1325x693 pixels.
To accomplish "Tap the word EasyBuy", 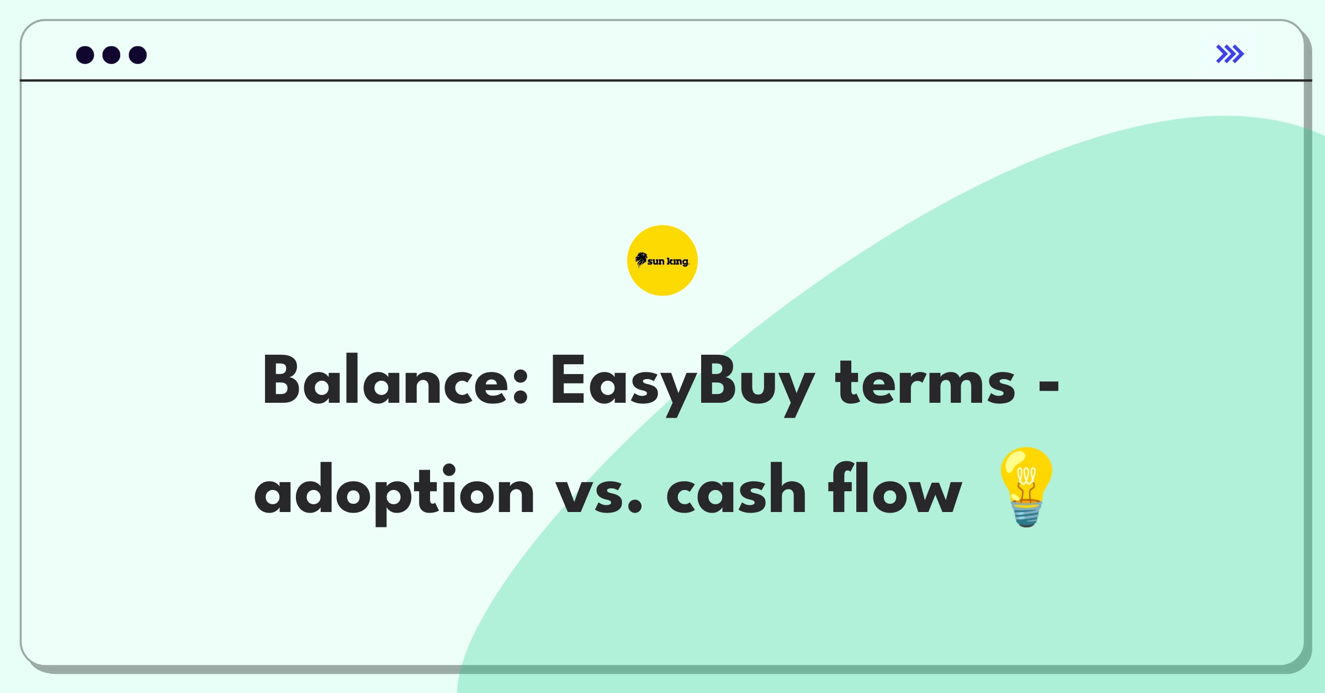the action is pyautogui.click(x=682, y=386).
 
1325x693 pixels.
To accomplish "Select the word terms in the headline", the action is pyautogui.click(x=925, y=383).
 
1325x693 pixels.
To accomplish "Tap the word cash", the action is pyautogui.click(x=736, y=489).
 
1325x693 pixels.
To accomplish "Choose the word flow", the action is pyautogui.click(x=895, y=489).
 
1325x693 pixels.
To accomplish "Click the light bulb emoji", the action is pyautogui.click(x=1026, y=487).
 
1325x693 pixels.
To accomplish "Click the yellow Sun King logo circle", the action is pyautogui.click(x=662, y=260).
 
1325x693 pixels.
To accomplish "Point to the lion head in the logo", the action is pyautogui.click(x=641, y=259).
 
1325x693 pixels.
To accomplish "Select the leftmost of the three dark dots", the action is pyautogui.click(x=85, y=55).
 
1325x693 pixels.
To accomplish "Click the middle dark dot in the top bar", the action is pyautogui.click(x=112, y=55).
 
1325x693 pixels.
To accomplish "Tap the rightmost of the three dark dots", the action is pyautogui.click(x=138, y=55).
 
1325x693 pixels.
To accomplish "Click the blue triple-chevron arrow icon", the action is pyautogui.click(x=1230, y=54).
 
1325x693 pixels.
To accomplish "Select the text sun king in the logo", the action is pyautogui.click(x=669, y=262).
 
